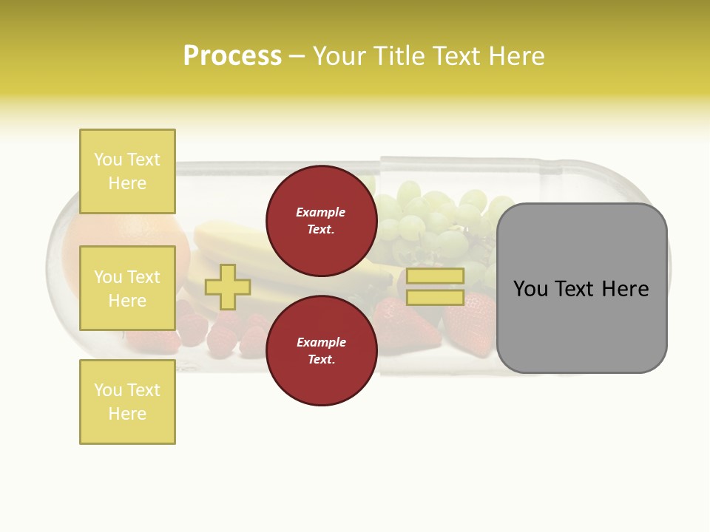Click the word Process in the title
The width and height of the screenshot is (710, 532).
[232, 56]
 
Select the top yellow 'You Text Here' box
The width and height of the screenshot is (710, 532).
[127, 171]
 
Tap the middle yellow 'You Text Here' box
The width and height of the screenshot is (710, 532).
[127, 288]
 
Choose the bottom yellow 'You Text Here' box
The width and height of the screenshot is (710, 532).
[127, 401]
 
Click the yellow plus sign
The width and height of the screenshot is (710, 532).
[228, 287]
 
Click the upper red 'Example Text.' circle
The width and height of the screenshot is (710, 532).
[321, 220]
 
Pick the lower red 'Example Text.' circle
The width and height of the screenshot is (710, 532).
[321, 350]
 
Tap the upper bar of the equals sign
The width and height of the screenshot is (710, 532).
[435, 276]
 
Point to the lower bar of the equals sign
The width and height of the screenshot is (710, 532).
[435, 298]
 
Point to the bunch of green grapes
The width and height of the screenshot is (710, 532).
[436, 218]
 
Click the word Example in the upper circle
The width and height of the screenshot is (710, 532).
[321, 212]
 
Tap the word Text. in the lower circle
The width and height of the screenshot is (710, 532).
[321, 359]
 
